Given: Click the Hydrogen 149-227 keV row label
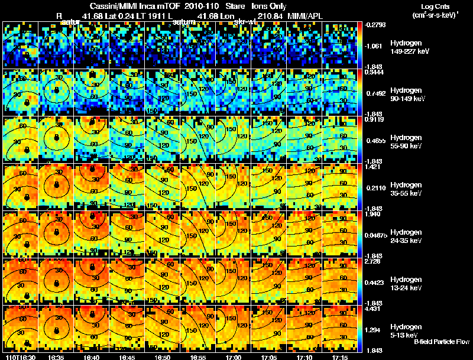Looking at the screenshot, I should [x=406, y=47].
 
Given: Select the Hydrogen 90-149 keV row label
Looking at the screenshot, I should [x=406, y=95].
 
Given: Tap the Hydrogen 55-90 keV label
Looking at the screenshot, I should [x=406, y=142].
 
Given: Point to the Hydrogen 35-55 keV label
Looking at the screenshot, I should [x=406, y=189].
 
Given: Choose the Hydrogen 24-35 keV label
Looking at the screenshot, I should [x=406, y=236].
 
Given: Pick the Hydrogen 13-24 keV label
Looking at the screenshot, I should [x=406, y=284].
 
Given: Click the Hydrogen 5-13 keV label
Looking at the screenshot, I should [x=406, y=331].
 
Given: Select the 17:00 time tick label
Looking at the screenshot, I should [x=235, y=357].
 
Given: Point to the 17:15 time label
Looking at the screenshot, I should [x=341, y=357].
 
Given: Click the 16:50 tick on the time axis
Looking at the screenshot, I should [x=163, y=357].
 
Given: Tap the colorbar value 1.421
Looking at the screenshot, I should [x=372, y=167].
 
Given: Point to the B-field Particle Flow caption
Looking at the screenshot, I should [x=442, y=342].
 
